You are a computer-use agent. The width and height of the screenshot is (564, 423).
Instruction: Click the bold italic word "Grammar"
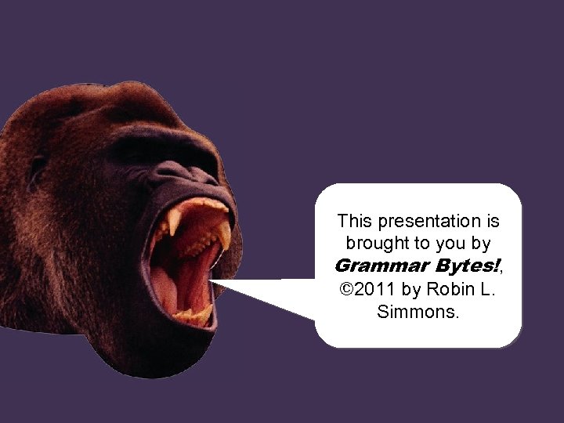tap(374, 266)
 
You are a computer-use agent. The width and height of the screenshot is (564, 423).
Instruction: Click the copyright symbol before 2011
tap(347, 289)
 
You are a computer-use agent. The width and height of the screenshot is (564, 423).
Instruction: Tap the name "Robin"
tap(452, 289)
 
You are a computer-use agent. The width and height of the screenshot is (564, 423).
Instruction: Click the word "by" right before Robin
tap(411, 290)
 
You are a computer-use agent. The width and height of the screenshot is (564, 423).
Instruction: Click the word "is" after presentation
tap(492, 222)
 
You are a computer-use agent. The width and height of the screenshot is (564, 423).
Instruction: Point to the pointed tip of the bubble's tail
tap(213, 280)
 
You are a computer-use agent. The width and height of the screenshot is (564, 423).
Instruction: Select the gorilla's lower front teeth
tap(192, 314)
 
